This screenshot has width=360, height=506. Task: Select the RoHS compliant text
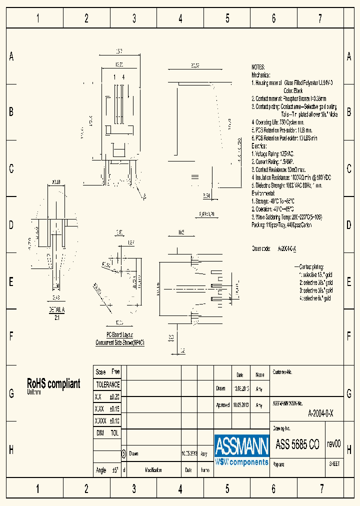click(53, 383)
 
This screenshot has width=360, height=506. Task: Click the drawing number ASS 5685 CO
click(297, 444)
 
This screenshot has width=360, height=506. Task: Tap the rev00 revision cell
click(333, 444)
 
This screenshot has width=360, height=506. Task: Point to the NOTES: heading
click(258, 66)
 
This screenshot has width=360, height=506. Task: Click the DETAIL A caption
click(56, 309)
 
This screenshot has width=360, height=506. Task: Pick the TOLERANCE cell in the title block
click(107, 384)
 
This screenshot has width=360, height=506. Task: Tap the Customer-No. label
click(282, 372)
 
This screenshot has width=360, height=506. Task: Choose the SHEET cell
click(334, 463)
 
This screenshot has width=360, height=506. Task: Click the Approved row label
click(222, 405)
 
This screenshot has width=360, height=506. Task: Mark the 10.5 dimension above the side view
click(181, 232)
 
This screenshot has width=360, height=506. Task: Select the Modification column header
click(153, 470)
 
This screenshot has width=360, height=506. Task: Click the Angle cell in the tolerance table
click(101, 470)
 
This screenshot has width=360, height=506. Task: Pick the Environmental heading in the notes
click(263, 193)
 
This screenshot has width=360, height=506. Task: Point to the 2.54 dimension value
click(207, 195)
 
